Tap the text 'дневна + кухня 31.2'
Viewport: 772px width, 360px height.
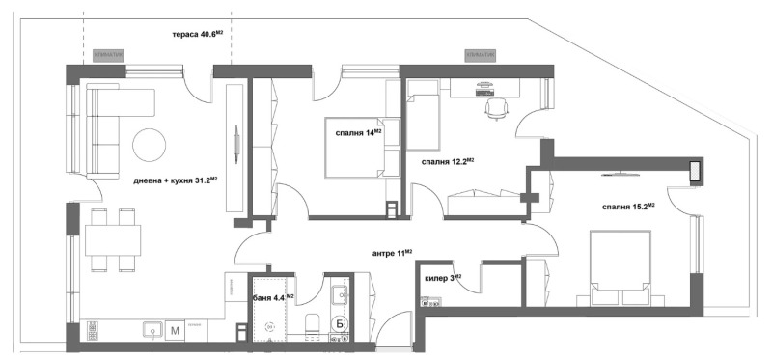(x=174, y=179)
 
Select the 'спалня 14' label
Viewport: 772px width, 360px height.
(x=358, y=132)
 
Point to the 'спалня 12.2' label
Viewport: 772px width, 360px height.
(x=446, y=161)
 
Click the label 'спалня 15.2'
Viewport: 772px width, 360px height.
(x=628, y=206)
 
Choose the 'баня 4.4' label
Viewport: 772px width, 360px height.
(x=273, y=297)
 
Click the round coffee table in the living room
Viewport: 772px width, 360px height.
(x=151, y=145)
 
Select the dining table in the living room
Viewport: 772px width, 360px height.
(x=112, y=238)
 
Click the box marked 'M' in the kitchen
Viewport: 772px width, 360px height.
(x=175, y=330)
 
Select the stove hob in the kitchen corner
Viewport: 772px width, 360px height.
(x=93, y=330)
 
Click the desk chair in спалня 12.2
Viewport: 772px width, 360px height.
(x=496, y=109)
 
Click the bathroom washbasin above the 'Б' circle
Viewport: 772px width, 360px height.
(x=339, y=294)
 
